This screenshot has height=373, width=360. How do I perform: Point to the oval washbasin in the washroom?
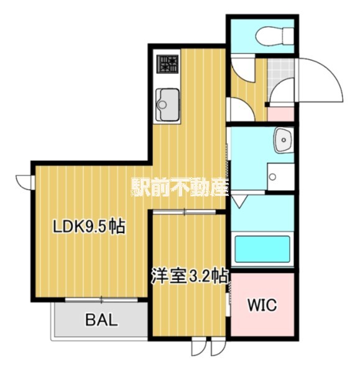pos(284,140)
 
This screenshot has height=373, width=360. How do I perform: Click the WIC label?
pos(262,306)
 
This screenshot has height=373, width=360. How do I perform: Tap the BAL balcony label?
pos(101,321)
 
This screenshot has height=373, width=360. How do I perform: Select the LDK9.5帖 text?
pos(88,228)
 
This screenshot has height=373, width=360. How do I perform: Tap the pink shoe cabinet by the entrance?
pos(280,114)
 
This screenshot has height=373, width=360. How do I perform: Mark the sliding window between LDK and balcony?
pos(101,300)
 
